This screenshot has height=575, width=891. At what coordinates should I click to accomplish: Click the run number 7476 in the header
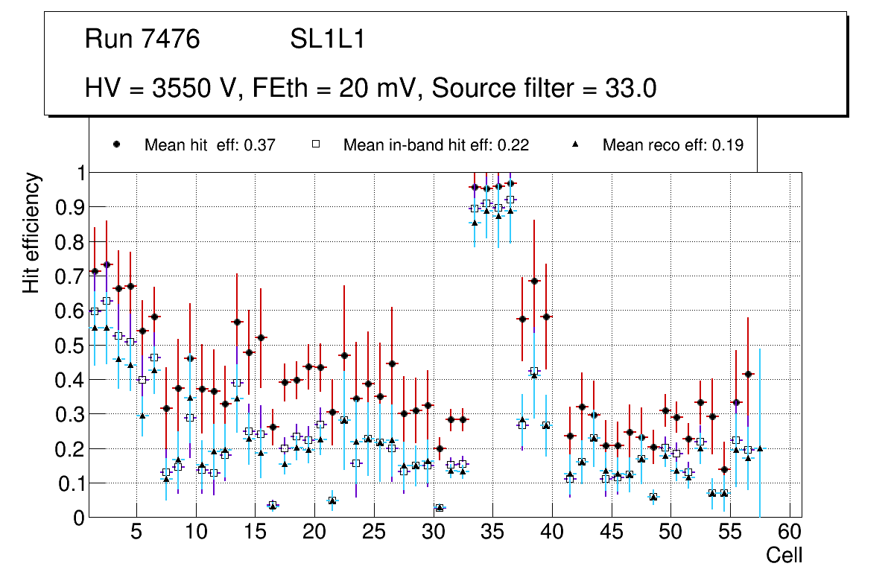[x=171, y=39]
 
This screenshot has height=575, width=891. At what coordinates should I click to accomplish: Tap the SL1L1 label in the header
[x=328, y=39]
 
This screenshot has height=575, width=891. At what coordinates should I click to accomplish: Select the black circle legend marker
[x=116, y=145]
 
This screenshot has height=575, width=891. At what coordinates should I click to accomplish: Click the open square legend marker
[x=315, y=145]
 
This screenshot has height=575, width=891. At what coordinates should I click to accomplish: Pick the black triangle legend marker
[x=575, y=145]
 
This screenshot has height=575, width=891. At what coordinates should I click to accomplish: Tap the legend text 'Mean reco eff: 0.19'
[x=673, y=145]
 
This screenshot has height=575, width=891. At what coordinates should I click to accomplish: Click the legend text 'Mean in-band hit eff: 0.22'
[x=436, y=145]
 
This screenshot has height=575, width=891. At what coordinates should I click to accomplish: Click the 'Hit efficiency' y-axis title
[x=31, y=232]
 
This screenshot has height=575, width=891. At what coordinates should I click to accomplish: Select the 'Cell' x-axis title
[x=784, y=555]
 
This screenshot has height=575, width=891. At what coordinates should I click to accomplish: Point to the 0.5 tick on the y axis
[x=69, y=346]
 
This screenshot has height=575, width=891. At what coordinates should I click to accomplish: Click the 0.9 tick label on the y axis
[x=69, y=208]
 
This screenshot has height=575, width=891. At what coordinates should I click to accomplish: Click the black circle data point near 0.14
[x=724, y=469]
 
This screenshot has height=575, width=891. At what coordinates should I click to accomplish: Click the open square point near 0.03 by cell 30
[x=440, y=508]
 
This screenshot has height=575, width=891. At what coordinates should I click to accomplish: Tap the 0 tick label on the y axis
[x=78, y=518]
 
